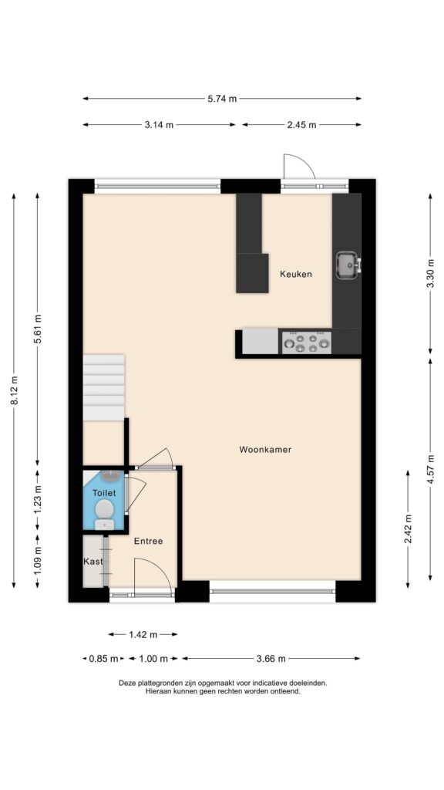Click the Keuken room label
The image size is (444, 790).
296,274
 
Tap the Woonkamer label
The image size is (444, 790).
265,450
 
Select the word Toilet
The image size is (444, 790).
104,493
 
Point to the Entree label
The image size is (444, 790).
148,541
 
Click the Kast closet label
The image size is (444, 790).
93,562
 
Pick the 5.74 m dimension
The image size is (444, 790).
222,99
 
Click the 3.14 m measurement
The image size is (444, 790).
159,125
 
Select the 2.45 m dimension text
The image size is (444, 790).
302,125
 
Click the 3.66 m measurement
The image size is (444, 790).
271,659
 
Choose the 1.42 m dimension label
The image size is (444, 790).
143,635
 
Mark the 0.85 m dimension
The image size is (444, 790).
103,659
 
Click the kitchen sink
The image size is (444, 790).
348,265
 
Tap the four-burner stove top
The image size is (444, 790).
307,343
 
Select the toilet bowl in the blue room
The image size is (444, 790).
104,510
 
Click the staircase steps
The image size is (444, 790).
104,387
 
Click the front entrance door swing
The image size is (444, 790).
153,575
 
